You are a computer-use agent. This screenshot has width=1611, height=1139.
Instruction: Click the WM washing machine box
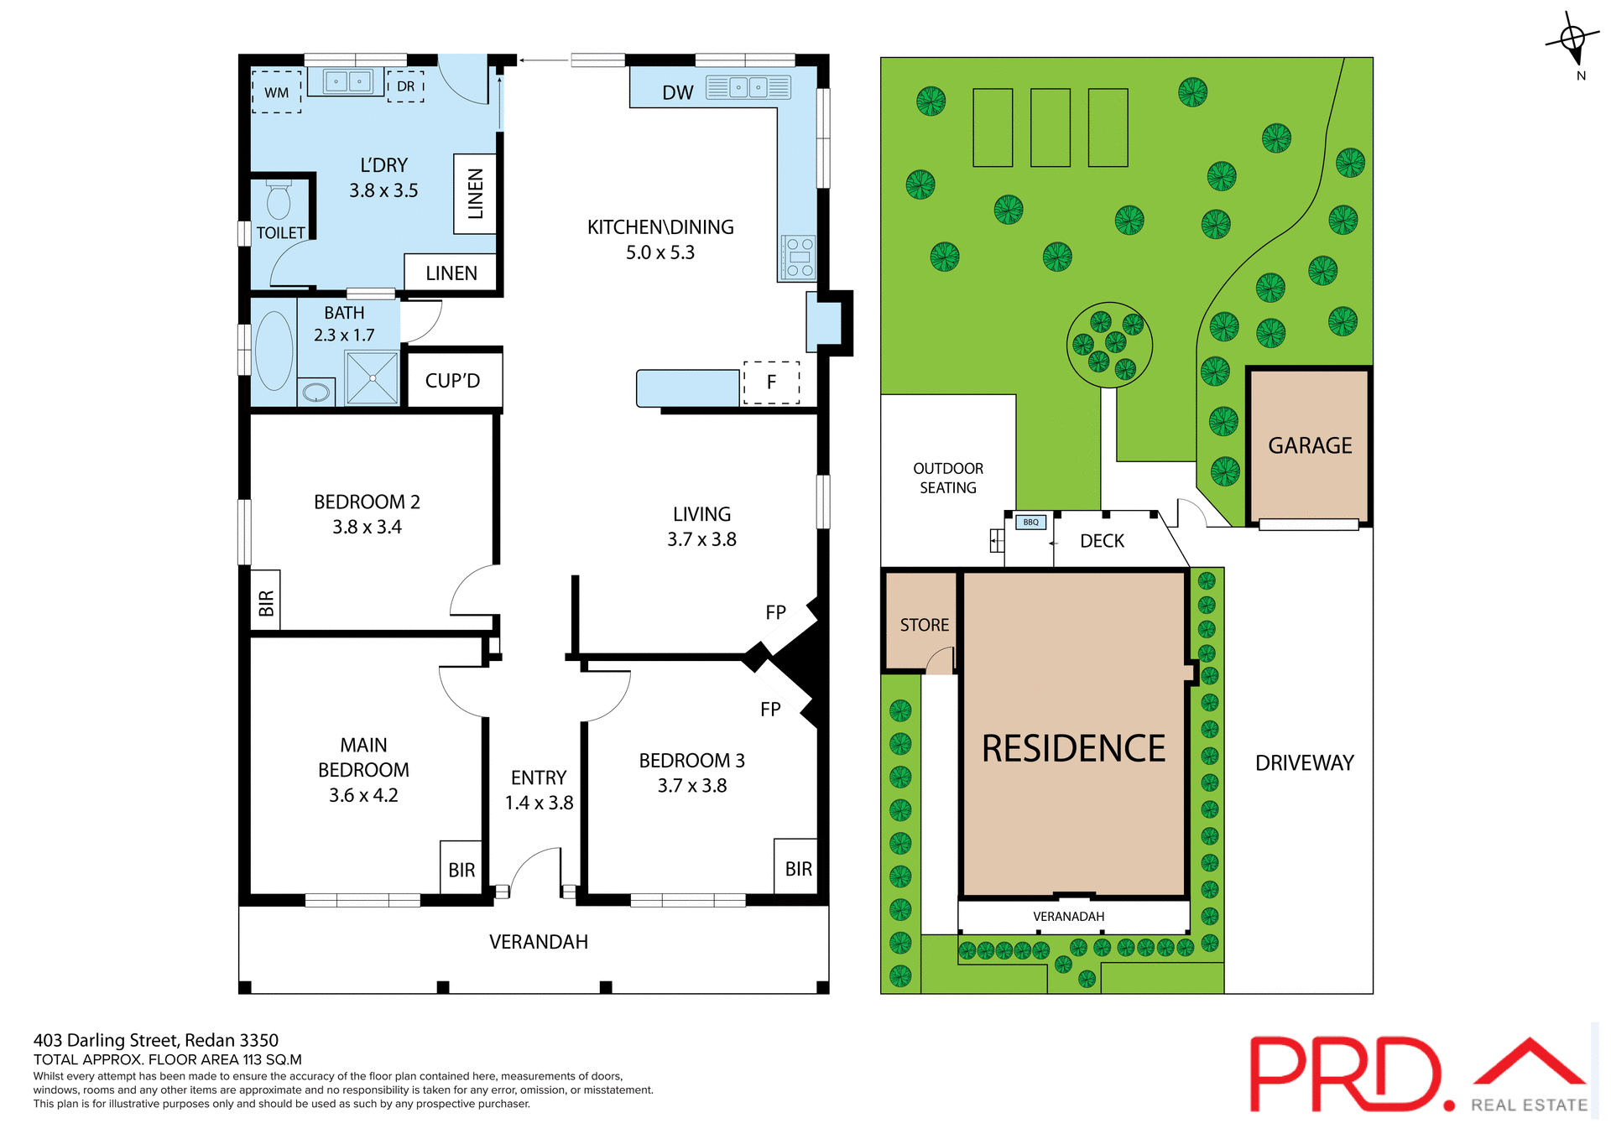pos(276,92)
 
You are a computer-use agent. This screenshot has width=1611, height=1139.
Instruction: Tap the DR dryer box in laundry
pos(405,86)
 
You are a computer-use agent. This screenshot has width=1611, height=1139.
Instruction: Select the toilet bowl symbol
pos(279,201)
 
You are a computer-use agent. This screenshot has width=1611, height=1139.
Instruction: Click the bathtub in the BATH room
pos(274,351)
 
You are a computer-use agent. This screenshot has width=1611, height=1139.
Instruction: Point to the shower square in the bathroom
pos(372,378)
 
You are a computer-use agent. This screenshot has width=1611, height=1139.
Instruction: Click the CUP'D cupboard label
pos(452,381)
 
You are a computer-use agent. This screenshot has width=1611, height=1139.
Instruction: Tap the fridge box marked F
pos(771,382)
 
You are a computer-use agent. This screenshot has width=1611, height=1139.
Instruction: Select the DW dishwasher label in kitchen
pos(678,93)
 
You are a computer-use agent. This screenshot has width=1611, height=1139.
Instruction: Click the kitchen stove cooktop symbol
pos(798,257)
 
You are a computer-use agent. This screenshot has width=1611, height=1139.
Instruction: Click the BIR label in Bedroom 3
pos(798,869)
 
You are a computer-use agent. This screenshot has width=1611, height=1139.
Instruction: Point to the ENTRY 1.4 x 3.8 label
pos(539,790)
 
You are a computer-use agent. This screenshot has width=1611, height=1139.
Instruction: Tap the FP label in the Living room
pos(775,612)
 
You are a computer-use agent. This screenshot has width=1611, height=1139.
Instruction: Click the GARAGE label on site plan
pos(1310,445)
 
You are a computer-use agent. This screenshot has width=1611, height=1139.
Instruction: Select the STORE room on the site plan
pos(923,625)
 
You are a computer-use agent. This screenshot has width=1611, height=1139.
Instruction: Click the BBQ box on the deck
pos(1030,522)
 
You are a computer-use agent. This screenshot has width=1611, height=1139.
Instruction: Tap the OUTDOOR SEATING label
pos(947,478)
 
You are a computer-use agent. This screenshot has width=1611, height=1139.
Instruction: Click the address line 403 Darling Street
pos(156,1040)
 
